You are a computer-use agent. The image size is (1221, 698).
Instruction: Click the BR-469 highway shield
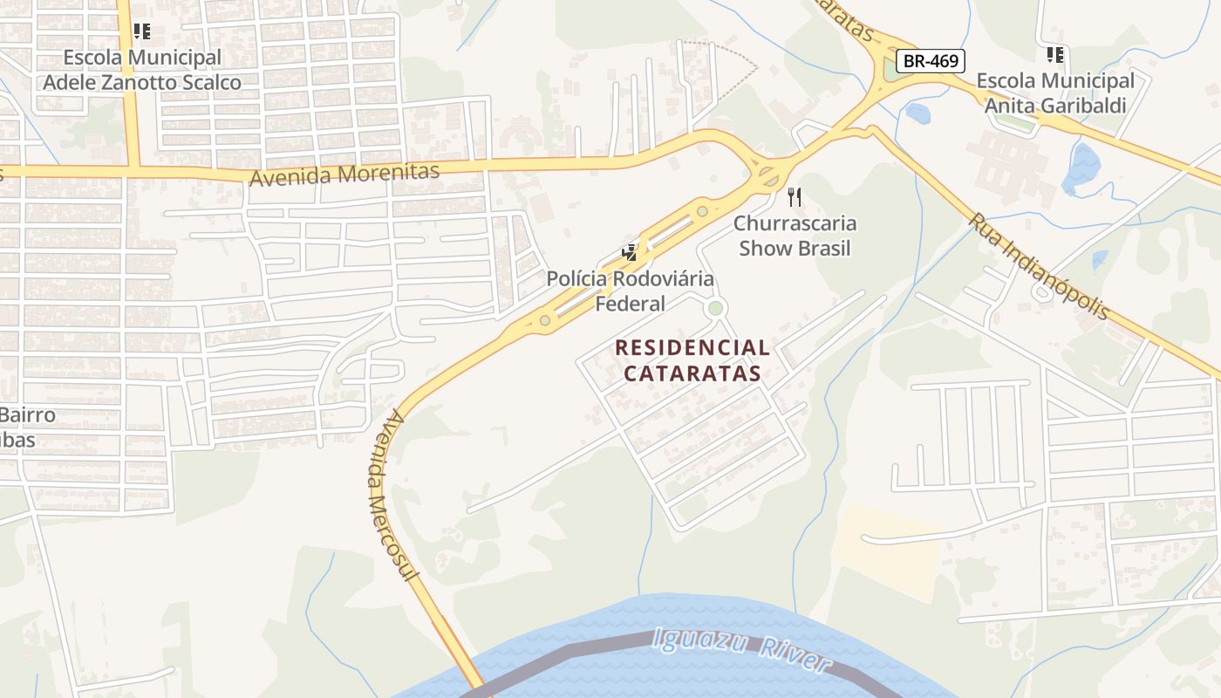coord(931,61)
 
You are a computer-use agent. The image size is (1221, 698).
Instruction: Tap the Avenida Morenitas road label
coord(344,174)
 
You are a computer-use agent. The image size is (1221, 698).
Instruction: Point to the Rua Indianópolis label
coord(1038,266)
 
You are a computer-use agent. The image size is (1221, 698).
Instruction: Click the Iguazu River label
coord(739,651)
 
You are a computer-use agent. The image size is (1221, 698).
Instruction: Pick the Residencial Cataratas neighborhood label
coord(692,360)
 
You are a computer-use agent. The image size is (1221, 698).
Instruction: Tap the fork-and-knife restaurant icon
coord(794,197)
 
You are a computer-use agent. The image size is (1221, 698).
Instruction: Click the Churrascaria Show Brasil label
coord(795,236)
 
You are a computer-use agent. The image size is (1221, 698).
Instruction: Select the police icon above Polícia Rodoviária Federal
coord(629,254)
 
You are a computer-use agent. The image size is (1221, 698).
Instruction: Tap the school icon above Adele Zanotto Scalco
coord(141,32)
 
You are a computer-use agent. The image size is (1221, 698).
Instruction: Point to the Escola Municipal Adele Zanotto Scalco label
coord(142,70)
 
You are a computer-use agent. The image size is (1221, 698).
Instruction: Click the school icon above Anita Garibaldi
coord(1055,55)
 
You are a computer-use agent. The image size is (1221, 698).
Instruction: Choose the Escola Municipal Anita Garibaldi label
coord(1055,93)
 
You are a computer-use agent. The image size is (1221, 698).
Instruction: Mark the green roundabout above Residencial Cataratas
coord(715,307)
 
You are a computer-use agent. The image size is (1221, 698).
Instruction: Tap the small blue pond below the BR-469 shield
coord(917,113)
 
